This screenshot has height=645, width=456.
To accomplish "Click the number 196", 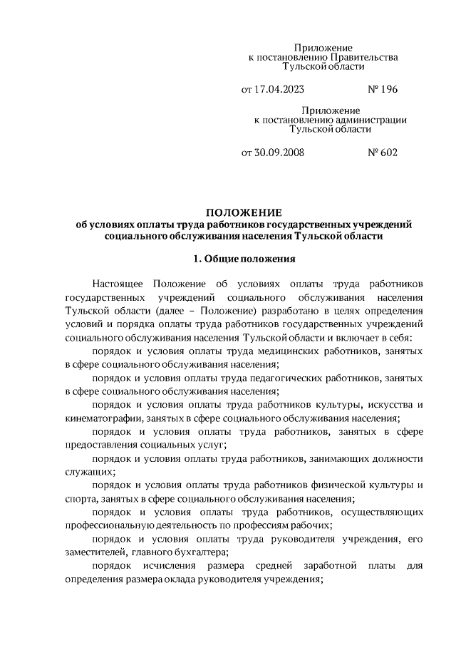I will point(388,90).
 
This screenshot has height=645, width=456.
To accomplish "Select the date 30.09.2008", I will point(275,153).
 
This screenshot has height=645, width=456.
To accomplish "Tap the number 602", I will point(388,153).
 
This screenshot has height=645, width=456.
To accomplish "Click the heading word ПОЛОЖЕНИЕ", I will point(244,212).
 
